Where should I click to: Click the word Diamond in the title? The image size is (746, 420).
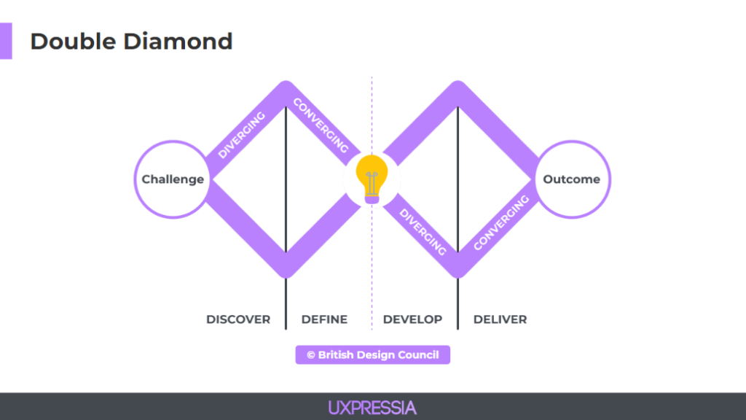(x=178, y=42)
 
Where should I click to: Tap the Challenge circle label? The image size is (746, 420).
(x=173, y=179)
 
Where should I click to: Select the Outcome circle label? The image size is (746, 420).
(x=571, y=179)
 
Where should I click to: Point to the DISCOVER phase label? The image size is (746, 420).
(x=238, y=319)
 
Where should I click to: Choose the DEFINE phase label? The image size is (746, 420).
(x=324, y=319)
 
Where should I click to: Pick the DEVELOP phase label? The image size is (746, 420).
(x=412, y=319)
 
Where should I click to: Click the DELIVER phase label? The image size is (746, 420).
(x=500, y=319)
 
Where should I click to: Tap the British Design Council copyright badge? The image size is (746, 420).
(x=372, y=355)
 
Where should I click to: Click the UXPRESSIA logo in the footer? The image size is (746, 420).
(x=372, y=408)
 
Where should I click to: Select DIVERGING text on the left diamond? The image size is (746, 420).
(x=242, y=135)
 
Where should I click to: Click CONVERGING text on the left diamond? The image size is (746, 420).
(x=321, y=125)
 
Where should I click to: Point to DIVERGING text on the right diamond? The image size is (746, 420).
(x=423, y=232)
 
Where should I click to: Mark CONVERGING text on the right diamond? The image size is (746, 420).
(x=501, y=222)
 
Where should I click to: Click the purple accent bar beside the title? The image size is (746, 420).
(x=6, y=41)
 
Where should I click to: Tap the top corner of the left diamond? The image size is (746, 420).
(x=286, y=82)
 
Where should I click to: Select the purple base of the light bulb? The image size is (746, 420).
(x=372, y=199)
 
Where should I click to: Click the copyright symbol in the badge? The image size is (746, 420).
(x=311, y=355)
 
